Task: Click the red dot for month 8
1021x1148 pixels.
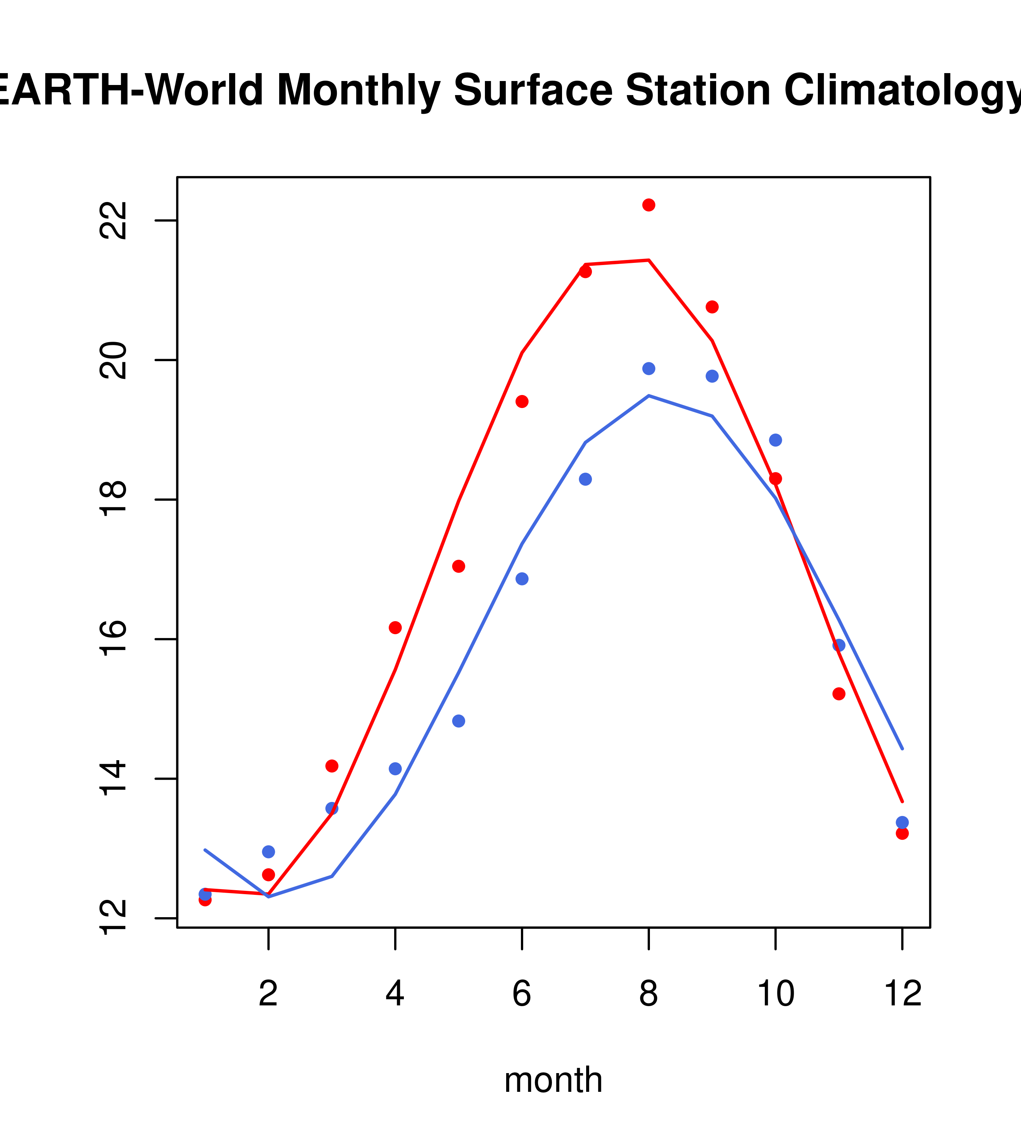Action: click(648, 205)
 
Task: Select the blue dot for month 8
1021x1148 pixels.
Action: click(648, 368)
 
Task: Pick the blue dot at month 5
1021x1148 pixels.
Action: click(459, 721)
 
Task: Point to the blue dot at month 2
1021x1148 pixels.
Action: click(269, 851)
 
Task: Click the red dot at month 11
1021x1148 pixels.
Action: click(839, 694)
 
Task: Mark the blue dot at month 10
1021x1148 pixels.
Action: click(775, 440)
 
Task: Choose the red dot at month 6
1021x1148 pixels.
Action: click(522, 401)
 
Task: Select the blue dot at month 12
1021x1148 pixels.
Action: click(902, 822)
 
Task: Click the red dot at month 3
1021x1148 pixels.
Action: click(332, 766)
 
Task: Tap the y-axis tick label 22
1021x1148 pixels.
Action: click(112, 220)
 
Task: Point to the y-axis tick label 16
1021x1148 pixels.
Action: click(112, 639)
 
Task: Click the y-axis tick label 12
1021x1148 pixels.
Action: click(112, 918)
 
